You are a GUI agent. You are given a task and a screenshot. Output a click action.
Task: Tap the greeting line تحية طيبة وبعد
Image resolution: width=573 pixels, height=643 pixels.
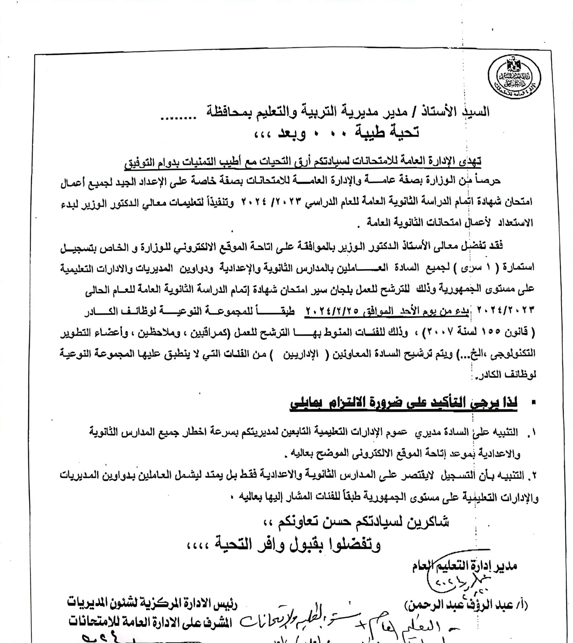pos(337,133)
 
